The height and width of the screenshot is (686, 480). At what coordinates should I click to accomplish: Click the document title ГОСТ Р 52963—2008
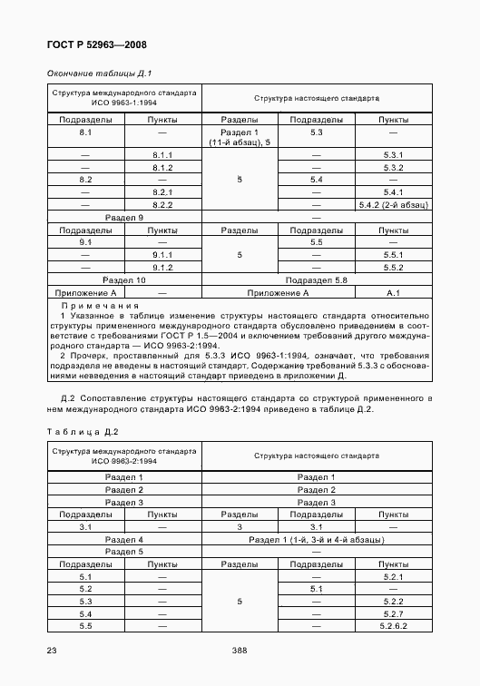[x=95, y=44]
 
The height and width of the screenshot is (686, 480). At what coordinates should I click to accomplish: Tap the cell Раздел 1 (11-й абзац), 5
[x=240, y=138]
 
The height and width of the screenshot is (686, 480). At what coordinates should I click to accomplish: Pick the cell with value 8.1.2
[x=163, y=168]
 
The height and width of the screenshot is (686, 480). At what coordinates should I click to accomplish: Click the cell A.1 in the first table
[x=393, y=293]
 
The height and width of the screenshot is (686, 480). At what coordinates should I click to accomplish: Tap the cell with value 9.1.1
[x=163, y=256]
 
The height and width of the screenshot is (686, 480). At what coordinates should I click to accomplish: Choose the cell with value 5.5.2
[x=393, y=268]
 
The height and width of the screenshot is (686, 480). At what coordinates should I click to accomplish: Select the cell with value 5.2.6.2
[x=393, y=626]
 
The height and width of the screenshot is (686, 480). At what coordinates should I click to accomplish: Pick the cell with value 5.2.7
[x=393, y=613]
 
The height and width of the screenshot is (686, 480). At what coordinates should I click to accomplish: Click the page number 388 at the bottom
[x=240, y=651]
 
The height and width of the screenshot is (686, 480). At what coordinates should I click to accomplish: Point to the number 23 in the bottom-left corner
[x=51, y=651]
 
